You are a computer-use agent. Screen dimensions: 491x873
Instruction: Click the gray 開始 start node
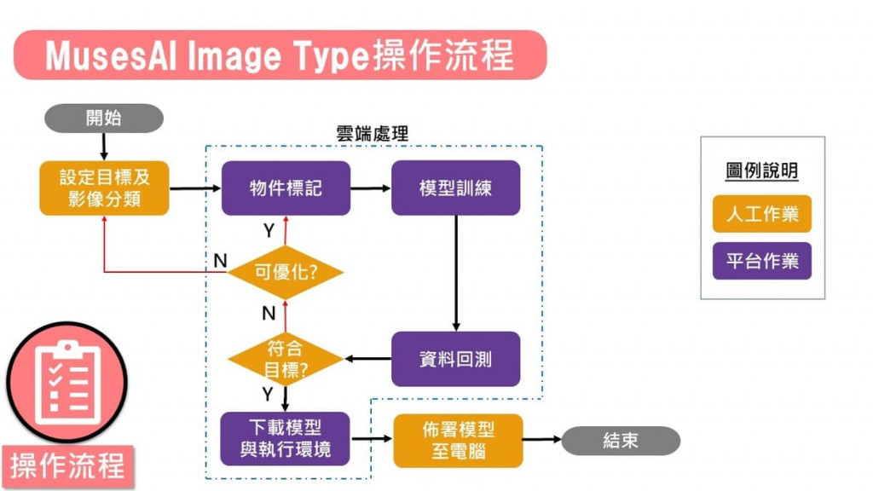point(103,118)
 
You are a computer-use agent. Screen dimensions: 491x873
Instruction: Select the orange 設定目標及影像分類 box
point(104,188)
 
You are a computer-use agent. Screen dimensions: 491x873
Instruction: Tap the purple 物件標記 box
point(286,188)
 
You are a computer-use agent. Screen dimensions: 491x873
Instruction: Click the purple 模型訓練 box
point(455,188)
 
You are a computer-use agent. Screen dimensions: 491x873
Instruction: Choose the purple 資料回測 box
point(455,359)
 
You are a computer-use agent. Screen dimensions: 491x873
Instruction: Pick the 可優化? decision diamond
point(286,273)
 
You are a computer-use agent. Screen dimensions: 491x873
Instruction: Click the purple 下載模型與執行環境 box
point(285,439)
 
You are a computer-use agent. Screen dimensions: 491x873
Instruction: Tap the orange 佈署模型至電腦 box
point(458,440)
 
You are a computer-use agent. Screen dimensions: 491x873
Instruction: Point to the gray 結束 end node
point(621,441)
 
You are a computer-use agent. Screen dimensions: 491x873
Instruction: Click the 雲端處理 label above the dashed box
point(373,134)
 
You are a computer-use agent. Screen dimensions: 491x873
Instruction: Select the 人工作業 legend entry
point(762,214)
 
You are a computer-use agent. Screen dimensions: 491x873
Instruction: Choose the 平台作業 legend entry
point(762,261)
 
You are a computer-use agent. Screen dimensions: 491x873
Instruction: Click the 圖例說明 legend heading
point(762,170)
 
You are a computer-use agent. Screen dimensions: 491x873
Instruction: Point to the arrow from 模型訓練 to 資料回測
point(456,273)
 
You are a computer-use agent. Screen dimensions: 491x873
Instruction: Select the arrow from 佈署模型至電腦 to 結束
point(542,441)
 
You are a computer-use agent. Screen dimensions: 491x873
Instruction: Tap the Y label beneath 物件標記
point(269,231)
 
